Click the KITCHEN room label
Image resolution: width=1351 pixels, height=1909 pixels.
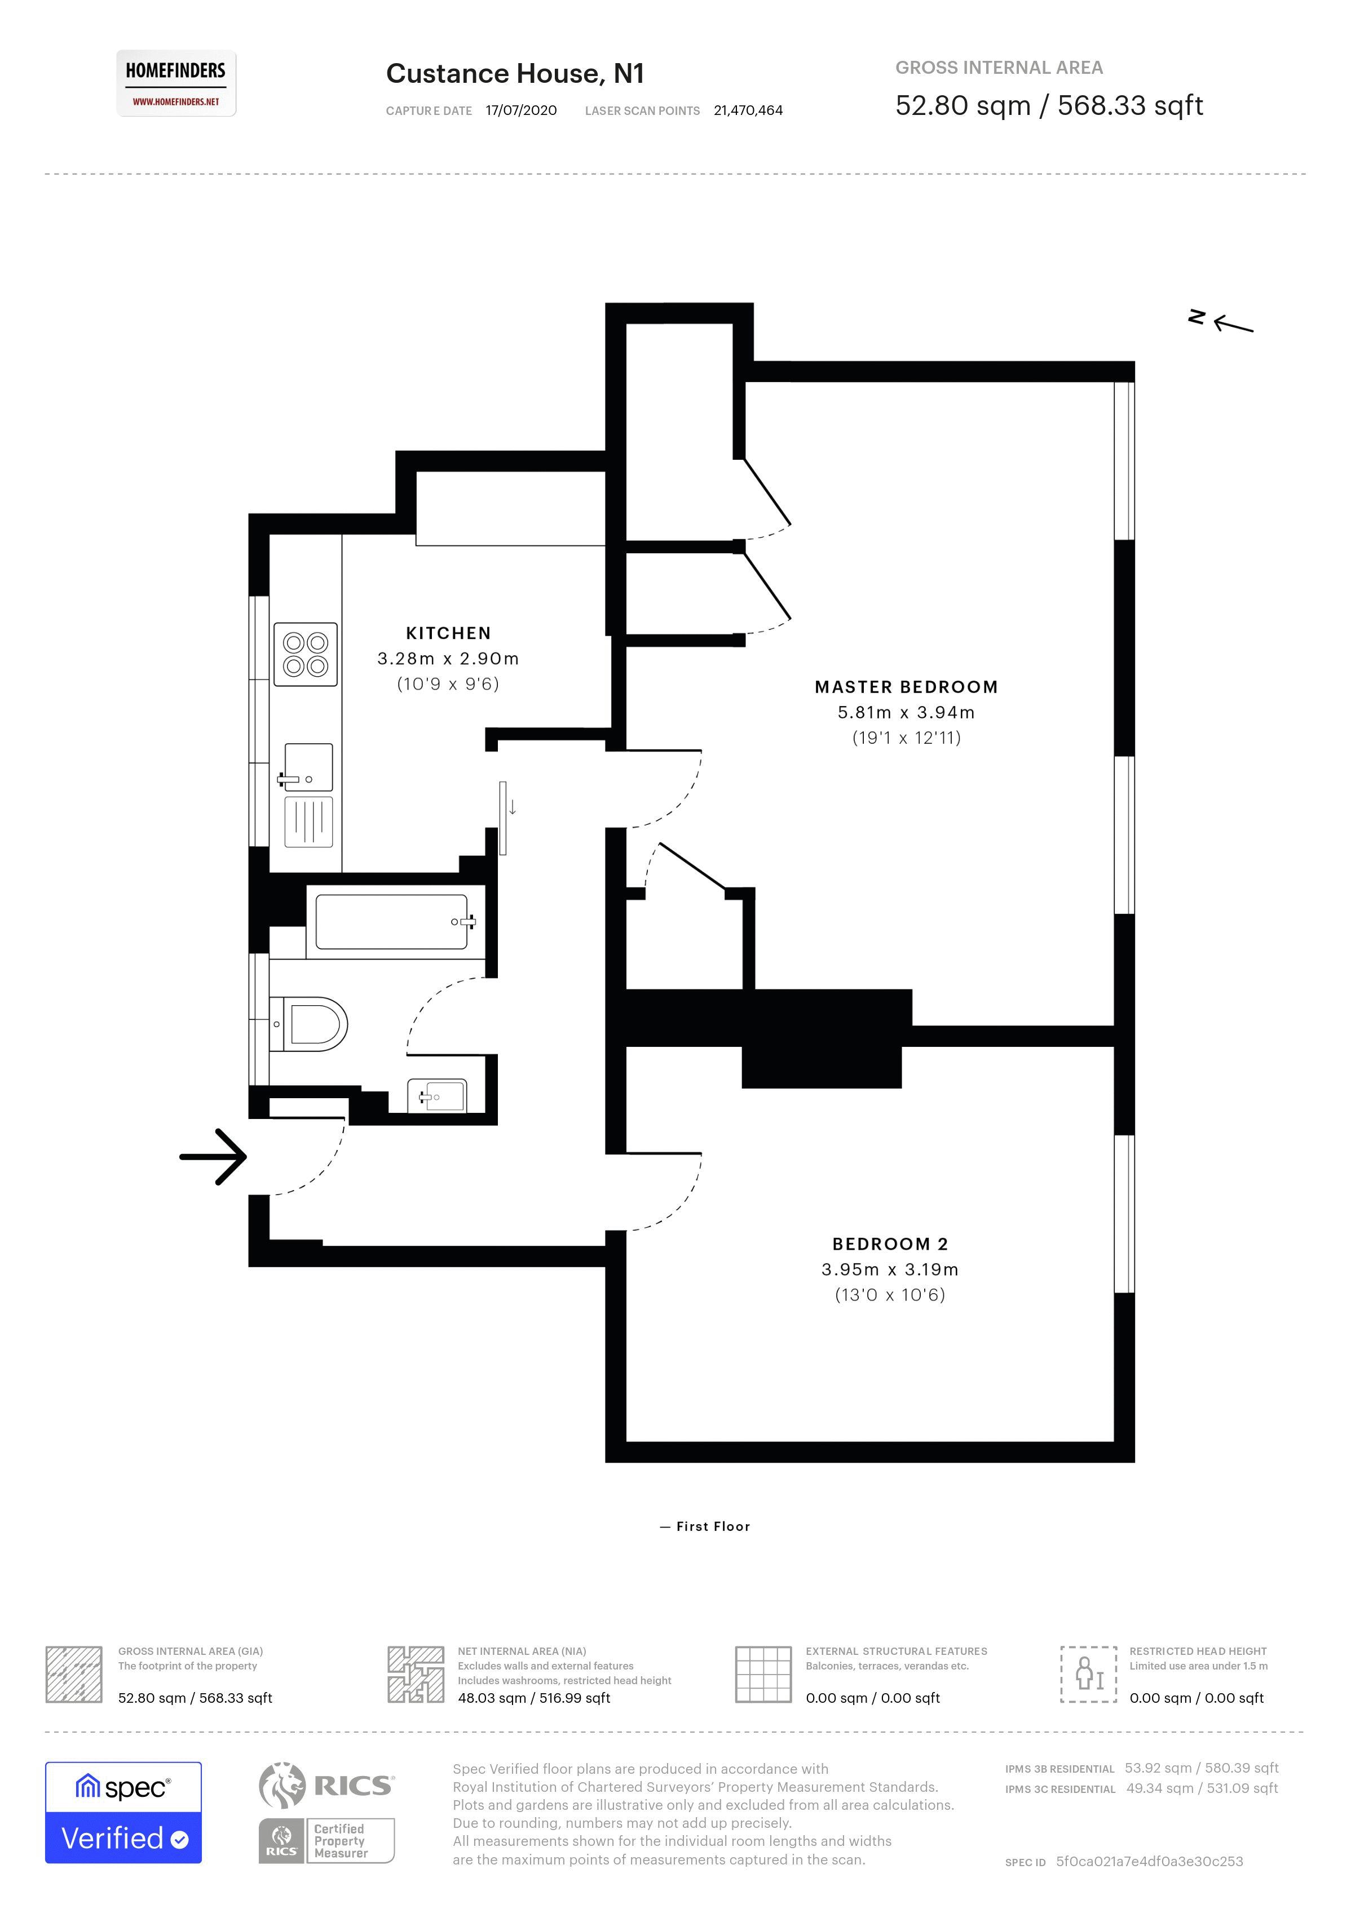coord(448,633)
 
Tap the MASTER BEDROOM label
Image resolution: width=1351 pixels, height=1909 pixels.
coord(906,687)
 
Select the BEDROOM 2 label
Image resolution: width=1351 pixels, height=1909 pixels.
coord(890,1244)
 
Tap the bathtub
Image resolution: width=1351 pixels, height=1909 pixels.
coord(391,921)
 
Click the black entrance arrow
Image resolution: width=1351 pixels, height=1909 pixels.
coord(214,1156)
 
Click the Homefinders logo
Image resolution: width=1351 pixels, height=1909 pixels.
coord(175,83)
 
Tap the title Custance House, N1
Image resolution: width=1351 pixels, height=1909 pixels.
coord(515,74)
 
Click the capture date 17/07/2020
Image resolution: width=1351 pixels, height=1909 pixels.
coord(521,110)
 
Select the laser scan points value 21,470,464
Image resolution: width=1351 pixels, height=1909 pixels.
coord(748,110)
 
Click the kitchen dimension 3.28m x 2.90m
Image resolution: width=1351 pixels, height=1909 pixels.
coord(448,659)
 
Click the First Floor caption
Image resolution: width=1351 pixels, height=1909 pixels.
coord(713,1526)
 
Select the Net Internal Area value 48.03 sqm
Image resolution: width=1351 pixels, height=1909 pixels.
coord(533,1698)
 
